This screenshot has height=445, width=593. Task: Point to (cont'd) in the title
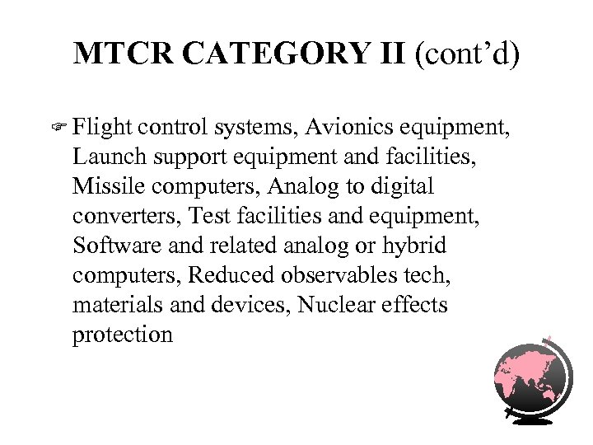pos(467,54)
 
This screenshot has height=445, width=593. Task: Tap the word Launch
pos(106,155)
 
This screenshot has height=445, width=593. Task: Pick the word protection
pos(123,334)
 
